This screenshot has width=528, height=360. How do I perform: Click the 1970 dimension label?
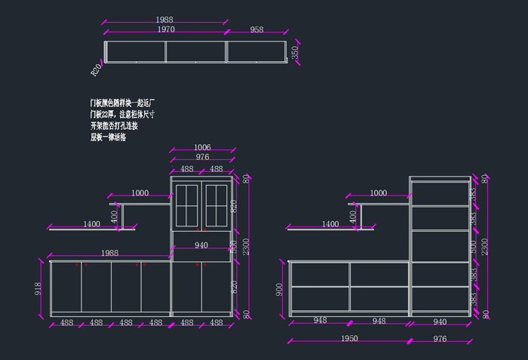[x=166, y=29]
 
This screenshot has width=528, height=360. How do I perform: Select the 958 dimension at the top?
[x=256, y=29]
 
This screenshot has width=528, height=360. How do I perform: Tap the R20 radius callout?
[x=96, y=70]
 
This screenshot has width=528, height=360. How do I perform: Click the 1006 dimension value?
[x=202, y=147]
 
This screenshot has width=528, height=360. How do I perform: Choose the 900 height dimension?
[x=278, y=288]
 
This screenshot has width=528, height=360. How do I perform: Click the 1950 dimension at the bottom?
[x=348, y=339]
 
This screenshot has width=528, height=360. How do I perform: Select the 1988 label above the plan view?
[x=166, y=19]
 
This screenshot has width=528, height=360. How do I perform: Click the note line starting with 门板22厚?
[x=122, y=114]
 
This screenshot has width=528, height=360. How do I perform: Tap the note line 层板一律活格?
[x=109, y=137]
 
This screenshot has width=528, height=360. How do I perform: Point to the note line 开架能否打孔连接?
[x=114, y=125]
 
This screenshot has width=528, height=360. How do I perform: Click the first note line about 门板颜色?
[x=122, y=102]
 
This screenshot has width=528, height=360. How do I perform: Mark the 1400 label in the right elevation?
[x=330, y=224]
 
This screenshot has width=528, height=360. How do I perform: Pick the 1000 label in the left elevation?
[x=140, y=193]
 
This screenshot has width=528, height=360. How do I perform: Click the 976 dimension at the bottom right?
[x=439, y=339]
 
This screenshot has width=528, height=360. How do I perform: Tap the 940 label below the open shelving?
[x=439, y=322]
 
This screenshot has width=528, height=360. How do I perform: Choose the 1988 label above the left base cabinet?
[x=110, y=253]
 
